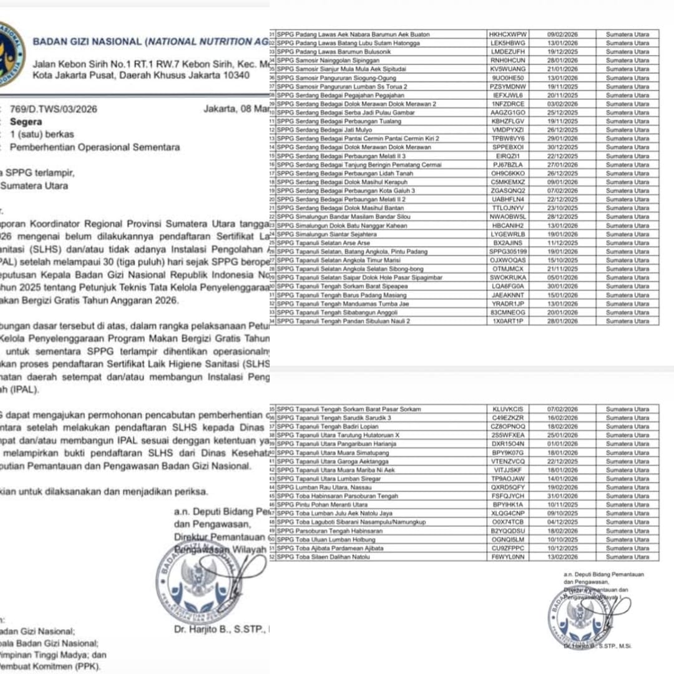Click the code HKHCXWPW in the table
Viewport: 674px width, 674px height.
tap(509, 34)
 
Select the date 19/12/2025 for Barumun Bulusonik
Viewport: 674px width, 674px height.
tap(562, 52)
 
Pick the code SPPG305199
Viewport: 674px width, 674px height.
tap(509, 252)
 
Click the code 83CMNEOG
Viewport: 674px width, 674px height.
tap(509, 312)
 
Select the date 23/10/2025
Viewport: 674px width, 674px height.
tap(562, 208)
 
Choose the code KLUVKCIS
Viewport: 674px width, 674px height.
tap(508, 409)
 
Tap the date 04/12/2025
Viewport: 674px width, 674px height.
tap(562, 522)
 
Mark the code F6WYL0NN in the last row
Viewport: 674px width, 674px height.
tap(508, 556)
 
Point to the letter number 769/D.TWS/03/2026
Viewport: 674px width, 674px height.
tap(54, 109)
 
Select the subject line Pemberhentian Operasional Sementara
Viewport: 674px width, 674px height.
tap(95, 148)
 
